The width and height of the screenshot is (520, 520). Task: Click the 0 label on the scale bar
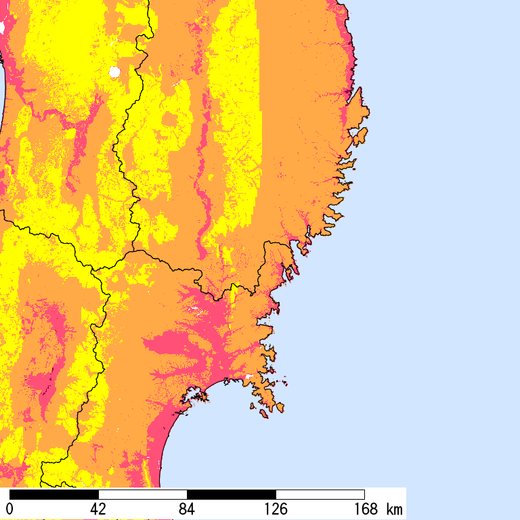point(10,508)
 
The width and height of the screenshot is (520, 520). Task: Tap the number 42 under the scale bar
point(99,508)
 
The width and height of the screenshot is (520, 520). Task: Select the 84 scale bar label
point(187,508)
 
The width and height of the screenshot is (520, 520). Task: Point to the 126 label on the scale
point(276,508)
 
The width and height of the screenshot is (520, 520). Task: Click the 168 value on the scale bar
point(364,508)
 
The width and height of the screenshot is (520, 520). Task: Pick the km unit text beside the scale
point(394,508)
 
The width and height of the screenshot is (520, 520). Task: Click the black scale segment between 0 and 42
point(54,494)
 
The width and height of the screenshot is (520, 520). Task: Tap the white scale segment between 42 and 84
point(143,494)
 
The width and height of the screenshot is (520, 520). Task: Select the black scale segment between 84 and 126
point(232,494)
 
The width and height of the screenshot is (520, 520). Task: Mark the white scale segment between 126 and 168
point(320,494)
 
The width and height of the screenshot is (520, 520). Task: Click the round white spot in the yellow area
point(114,72)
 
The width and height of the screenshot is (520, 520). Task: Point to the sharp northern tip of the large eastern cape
point(361,88)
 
